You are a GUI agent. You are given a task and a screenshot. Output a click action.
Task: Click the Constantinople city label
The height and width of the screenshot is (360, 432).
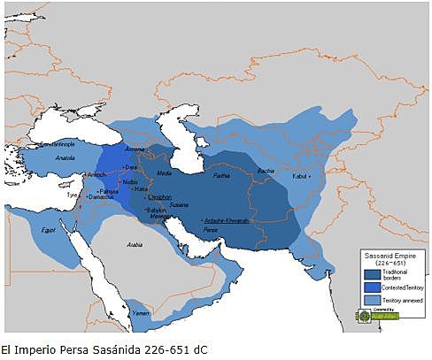coord(39,142)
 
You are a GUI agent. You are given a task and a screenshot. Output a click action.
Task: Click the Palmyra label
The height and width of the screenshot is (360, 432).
coord(110,190)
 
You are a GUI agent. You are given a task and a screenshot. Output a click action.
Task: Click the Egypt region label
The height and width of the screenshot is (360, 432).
coord(48,229)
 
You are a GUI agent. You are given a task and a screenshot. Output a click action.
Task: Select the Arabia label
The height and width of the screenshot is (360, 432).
coord(134,244)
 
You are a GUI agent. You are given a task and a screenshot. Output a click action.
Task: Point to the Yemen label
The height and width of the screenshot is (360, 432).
coord(141,312)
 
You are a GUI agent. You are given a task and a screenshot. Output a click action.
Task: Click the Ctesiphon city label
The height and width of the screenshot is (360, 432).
coord(160,197)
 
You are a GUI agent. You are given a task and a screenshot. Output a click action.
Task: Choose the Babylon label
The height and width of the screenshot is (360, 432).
coord(158,210)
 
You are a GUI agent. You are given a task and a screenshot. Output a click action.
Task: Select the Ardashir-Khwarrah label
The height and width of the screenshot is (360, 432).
coord(227,219)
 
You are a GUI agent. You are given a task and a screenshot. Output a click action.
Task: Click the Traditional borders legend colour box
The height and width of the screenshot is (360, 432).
coord(373,272)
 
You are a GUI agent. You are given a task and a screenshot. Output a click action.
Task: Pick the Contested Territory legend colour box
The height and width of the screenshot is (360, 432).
coord(373,287)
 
